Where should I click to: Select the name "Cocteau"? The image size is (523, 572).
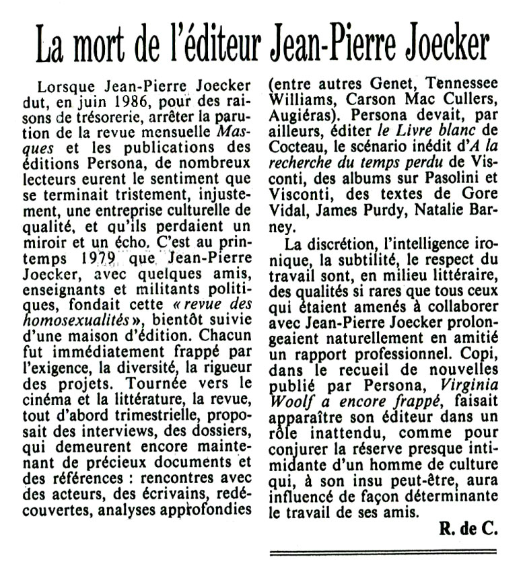(x=296, y=148)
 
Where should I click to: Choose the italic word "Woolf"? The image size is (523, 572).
(x=289, y=402)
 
